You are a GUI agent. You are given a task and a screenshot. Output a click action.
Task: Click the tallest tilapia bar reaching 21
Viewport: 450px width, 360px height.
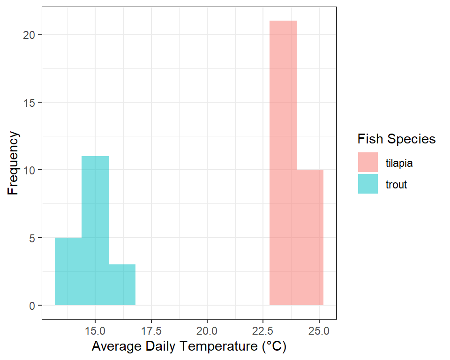pyautogui.click(x=283, y=163)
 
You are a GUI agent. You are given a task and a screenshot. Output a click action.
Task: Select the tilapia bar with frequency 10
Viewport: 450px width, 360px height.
pyautogui.click(x=310, y=237)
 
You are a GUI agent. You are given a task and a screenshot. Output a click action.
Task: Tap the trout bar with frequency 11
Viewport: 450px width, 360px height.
pyautogui.click(x=95, y=231)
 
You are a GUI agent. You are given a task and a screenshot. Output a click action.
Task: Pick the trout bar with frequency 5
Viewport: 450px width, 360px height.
pyautogui.click(x=68, y=271)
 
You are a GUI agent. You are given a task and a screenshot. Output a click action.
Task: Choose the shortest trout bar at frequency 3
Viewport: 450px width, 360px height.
pyautogui.click(x=122, y=285)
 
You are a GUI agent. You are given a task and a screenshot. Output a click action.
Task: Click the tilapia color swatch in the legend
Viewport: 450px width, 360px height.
pyautogui.click(x=367, y=162)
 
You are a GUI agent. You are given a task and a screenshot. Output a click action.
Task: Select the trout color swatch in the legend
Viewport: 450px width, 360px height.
pyautogui.click(x=367, y=184)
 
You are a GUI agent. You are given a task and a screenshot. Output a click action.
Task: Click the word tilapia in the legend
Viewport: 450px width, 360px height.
pyautogui.click(x=399, y=163)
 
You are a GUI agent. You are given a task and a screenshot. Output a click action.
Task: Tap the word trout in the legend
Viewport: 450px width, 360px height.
pyautogui.click(x=396, y=185)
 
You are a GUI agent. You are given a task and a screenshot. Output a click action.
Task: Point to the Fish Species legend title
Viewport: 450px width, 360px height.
pyautogui.click(x=397, y=139)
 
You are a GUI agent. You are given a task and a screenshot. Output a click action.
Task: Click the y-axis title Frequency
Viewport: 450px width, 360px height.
pyautogui.click(x=13, y=163)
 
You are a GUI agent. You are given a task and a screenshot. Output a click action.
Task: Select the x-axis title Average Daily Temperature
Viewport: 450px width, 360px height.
pyautogui.click(x=189, y=346)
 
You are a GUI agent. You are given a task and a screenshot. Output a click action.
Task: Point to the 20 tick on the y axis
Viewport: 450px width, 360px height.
pyautogui.click(x=29, y=35)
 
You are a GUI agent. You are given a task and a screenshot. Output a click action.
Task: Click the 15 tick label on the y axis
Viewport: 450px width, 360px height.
pyautogui.click(x=29, y=103)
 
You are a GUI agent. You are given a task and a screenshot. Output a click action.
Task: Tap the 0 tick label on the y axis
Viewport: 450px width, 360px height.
pyautogui.click(x=32, y=306)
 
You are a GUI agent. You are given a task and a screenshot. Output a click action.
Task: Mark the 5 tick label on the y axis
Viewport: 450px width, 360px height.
pyautogui.click(x=32, y=238)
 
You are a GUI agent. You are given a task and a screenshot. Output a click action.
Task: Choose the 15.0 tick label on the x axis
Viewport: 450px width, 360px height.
pyautogui.click(x=95, y=331)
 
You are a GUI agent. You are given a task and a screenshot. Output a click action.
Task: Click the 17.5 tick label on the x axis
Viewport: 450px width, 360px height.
pyautogui.click(x=151, y=331)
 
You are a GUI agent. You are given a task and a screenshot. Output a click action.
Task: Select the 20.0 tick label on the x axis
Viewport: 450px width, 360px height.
pyautogui.click(x=207, y=331)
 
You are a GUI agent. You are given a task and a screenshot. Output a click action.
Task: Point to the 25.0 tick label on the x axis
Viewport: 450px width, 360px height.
pyautogui.click(x=319, y=331)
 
